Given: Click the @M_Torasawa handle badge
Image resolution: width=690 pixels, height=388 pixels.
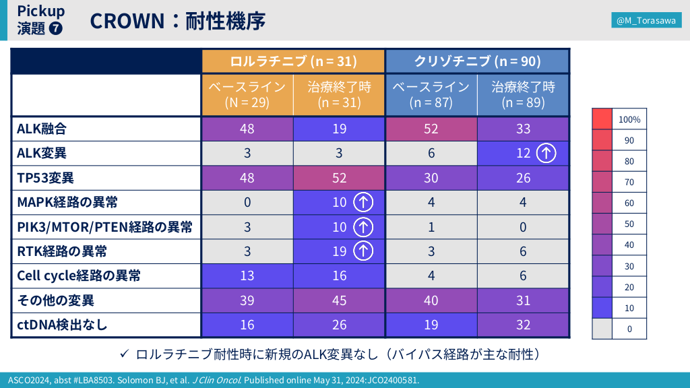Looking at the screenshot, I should [x=647, y=21].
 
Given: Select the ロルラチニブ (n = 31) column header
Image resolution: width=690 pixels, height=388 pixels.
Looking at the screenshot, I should [x=293, y=61].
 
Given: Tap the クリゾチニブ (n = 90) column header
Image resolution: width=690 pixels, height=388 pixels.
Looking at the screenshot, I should [x=477, y=61].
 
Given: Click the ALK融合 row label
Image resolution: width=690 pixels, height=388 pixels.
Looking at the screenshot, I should [x=42, y=129].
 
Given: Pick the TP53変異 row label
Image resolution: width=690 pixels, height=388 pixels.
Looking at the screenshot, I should [x=46, y=178].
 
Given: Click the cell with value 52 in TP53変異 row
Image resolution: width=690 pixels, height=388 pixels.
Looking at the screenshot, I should [x=339, y=178].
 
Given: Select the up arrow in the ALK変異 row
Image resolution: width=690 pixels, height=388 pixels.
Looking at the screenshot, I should [x=546, y=154].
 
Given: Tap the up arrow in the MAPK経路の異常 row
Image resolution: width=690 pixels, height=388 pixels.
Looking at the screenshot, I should [x=363, y=203].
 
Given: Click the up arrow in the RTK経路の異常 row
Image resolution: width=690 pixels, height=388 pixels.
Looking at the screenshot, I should [x=363, y=251].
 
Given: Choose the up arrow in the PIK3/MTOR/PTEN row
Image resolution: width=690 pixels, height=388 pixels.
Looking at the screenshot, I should [x=363, y=227].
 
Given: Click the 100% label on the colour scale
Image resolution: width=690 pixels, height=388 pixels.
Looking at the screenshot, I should [x=630, y=119].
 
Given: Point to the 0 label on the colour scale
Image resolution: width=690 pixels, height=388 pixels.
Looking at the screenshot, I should [x=630, y=329].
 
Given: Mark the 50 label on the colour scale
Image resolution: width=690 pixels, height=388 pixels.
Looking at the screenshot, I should [x=630, y=224].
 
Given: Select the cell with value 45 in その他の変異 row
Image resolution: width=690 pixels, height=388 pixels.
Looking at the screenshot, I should [x=339, y=300].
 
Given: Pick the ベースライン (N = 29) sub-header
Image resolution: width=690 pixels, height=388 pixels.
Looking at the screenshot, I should [x=247, y=95].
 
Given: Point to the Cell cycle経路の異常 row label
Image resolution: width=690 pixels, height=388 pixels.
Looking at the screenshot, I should [x=79, y=276].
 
